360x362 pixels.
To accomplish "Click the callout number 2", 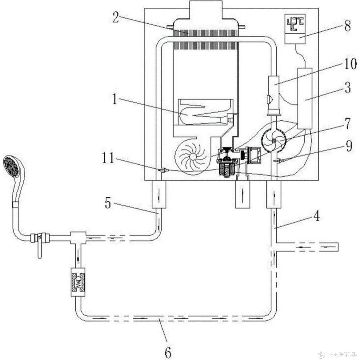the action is [116, 17].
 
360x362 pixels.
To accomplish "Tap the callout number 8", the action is [347, 25].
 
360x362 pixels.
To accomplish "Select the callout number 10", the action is [350, 63].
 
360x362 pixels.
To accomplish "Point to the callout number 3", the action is [347, 88].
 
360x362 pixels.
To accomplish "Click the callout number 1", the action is [115, 98].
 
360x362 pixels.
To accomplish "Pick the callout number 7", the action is [347, 123].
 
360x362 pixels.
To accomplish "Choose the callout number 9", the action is [349, 146].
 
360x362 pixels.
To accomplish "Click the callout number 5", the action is [108, 203].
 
